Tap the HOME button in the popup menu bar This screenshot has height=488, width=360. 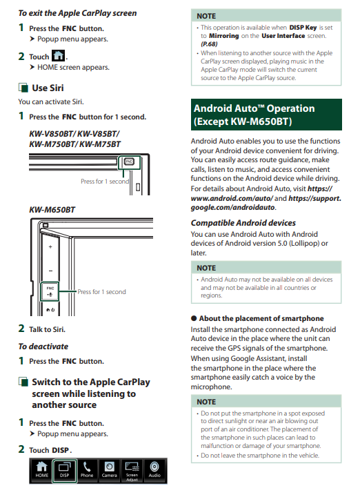tap(41, 470)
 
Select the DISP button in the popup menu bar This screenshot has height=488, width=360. tap(64, 470)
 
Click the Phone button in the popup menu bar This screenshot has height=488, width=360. tap(87, 470)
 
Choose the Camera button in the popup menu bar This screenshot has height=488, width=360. tap(109, 470)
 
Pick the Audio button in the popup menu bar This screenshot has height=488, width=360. tap(154, 470)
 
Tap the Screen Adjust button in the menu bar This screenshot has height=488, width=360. tap(132, 471)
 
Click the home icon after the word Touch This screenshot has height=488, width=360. tap(58, 56)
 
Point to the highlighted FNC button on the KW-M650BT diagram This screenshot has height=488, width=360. tap(50, 291)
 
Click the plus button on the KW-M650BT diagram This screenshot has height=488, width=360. tap(50, 247)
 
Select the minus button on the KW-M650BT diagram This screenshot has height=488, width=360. tap(50, 271)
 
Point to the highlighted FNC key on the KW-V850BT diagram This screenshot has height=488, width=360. tap(129, 162)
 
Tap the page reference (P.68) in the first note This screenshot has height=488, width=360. tap(209, 44)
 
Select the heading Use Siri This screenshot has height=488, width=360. tap(48, 88)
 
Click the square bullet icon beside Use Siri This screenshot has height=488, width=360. tap(23, 88)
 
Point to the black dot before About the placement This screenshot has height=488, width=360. tap(194, 318)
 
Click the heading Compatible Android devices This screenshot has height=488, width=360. tap(243, 223)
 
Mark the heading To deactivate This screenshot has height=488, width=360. tap(43, 347)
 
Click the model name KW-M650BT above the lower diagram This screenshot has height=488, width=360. tap(52, 210)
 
